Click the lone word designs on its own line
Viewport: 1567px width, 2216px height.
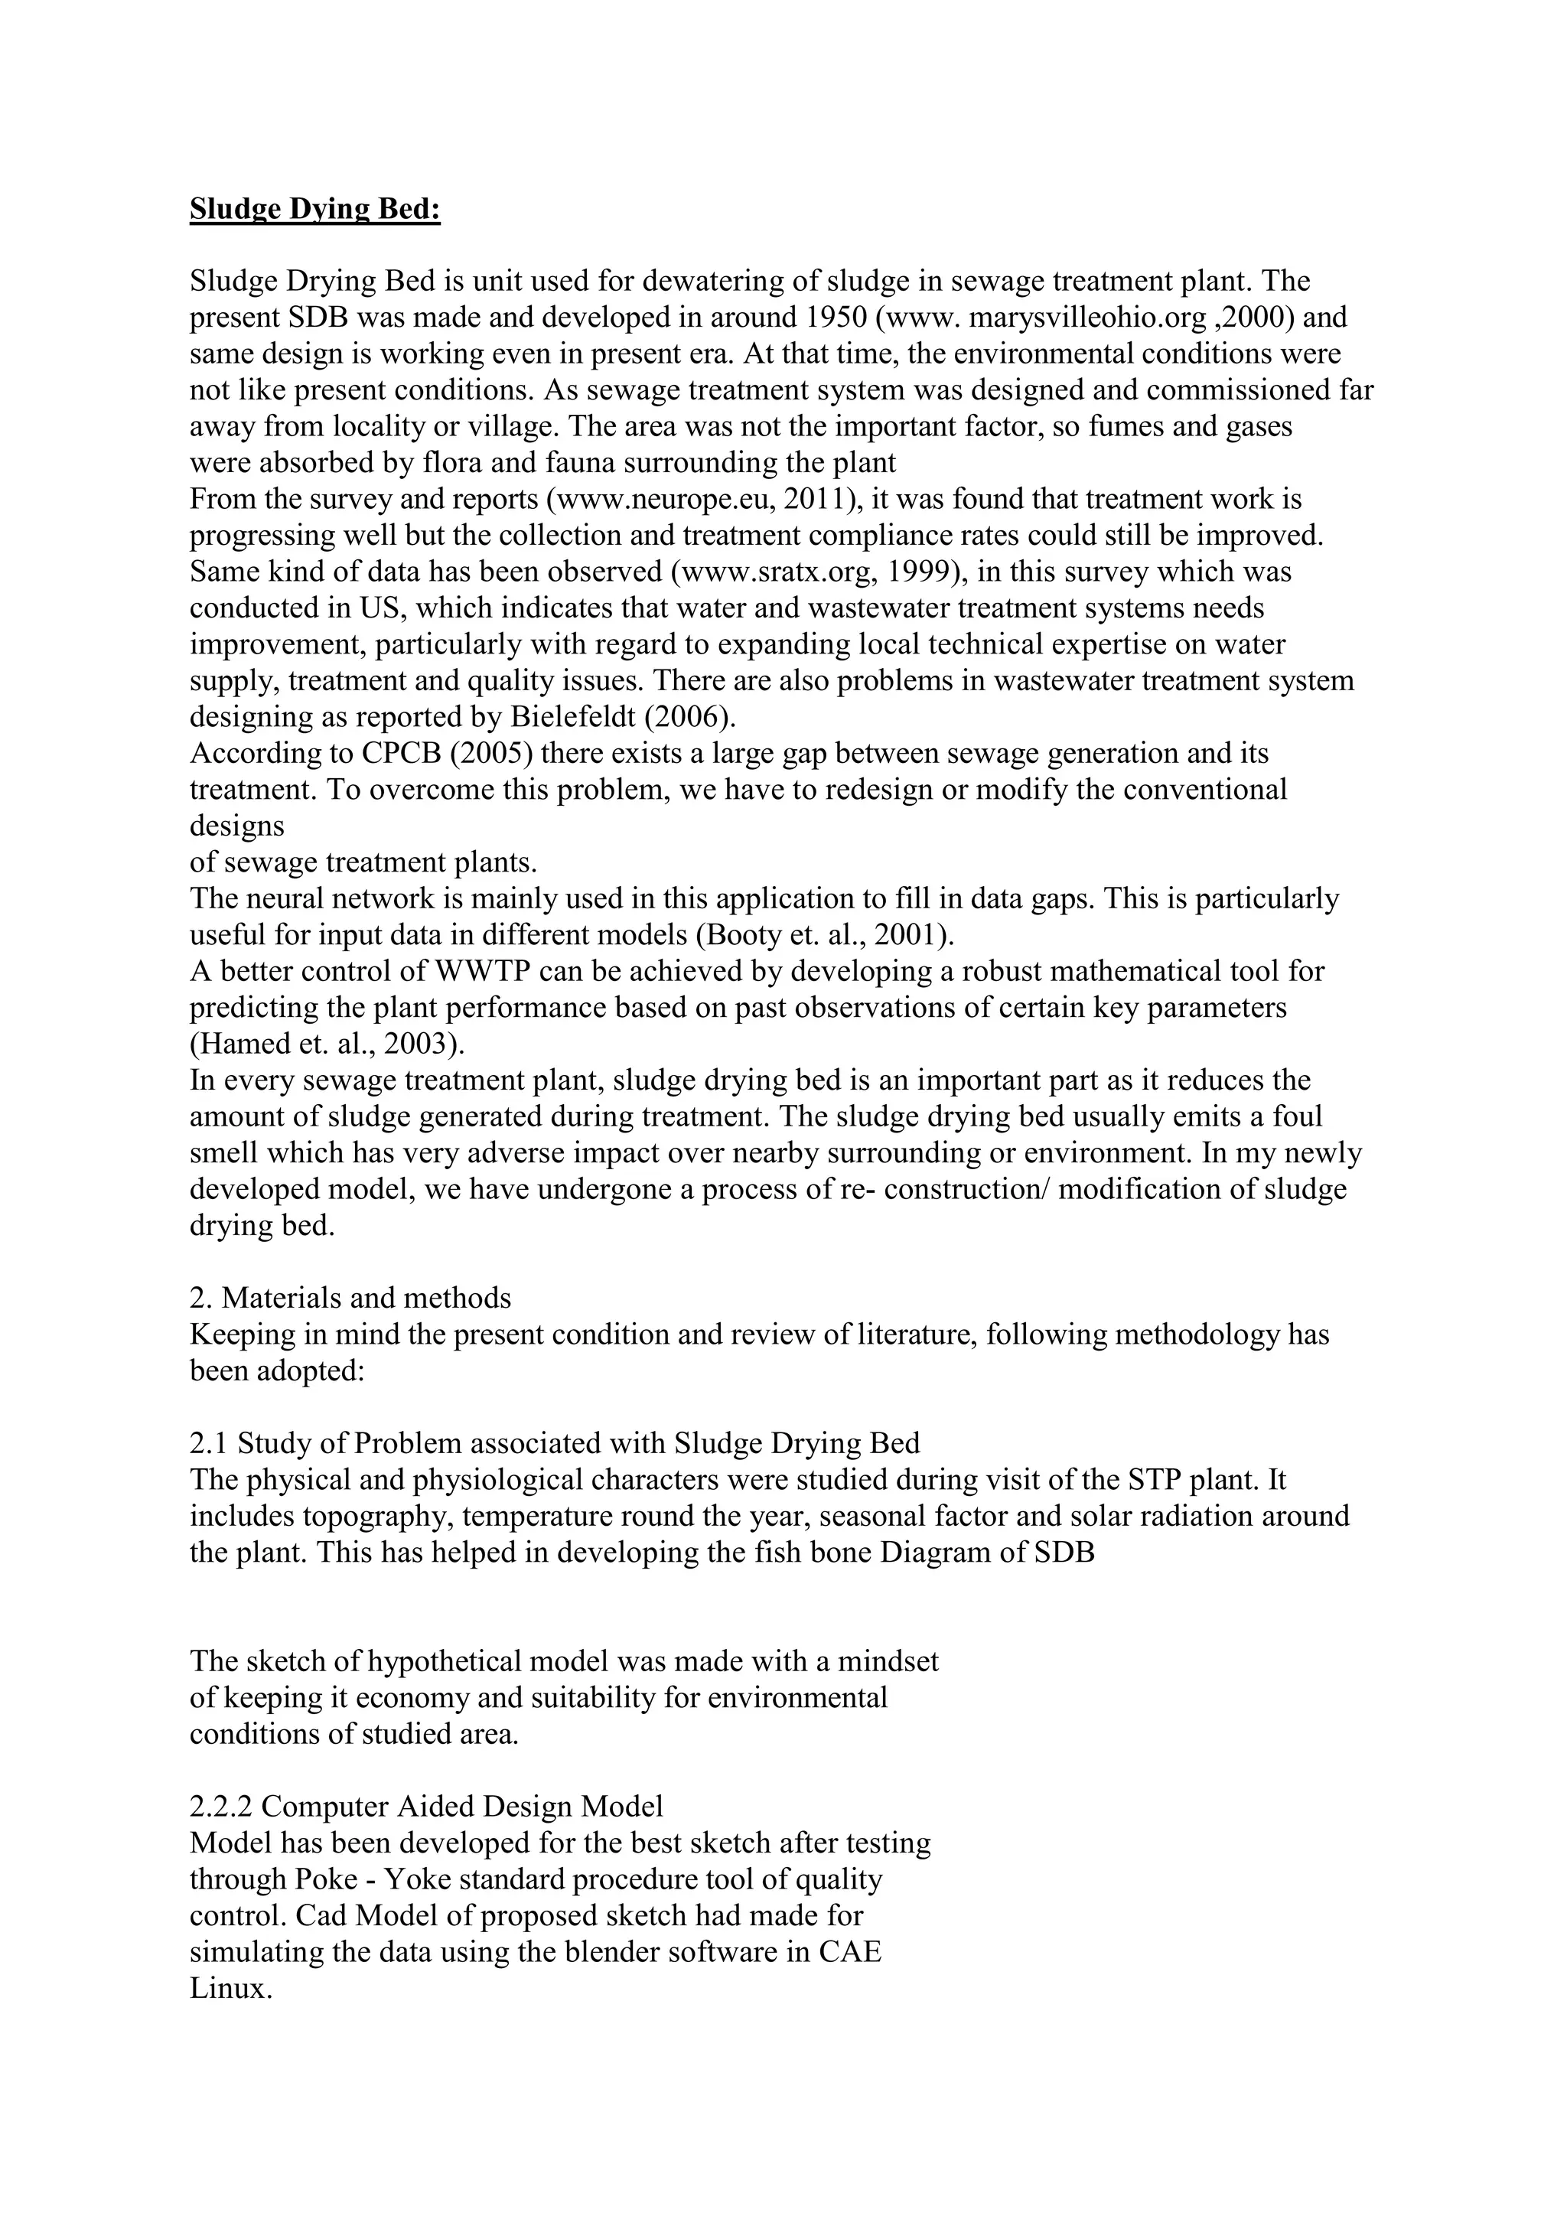pos(236,826)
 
